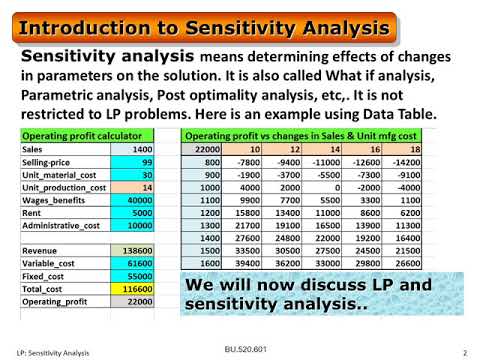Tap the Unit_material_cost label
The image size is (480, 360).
point(59,175)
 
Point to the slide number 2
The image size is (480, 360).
point(466,352)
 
